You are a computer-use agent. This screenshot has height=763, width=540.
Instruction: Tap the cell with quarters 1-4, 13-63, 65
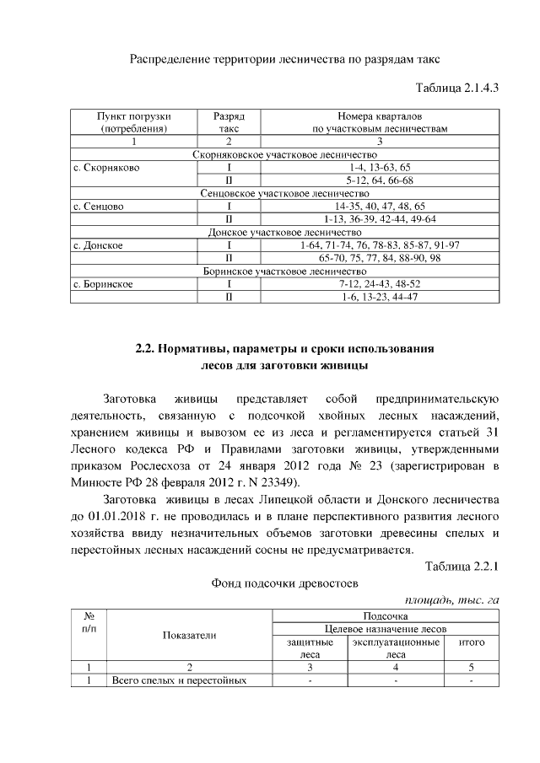point(379,168)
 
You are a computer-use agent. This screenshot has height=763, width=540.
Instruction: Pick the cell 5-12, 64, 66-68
point(379,180)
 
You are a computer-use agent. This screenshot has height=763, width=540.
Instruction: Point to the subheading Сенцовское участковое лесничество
point(285,193)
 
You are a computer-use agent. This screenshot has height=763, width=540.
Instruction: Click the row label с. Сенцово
point(100,206)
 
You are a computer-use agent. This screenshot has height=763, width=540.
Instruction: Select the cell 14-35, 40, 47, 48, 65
point(379,206)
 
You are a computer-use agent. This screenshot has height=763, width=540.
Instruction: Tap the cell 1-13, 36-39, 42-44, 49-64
point(379,219)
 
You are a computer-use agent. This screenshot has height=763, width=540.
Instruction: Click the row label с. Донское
point(99,245)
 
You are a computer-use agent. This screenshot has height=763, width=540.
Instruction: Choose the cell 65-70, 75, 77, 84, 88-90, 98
point(379,258)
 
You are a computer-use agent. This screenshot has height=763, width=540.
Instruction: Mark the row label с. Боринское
point(104,284)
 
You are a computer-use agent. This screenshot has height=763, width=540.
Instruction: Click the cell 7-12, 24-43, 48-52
point(379,284)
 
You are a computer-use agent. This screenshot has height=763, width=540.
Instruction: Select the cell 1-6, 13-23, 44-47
point(379,298)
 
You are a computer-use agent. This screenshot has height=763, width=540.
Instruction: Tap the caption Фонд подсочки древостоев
point(284,583)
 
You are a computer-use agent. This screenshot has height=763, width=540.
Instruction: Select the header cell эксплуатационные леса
point(397,647)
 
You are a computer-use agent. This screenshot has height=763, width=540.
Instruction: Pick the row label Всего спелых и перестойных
point(179,680)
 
